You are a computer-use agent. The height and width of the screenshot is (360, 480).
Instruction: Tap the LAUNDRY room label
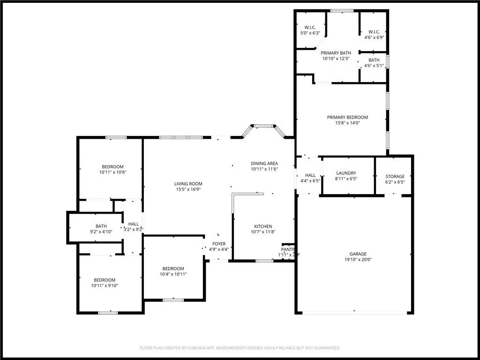click(346, 173)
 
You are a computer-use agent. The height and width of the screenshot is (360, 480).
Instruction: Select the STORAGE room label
click(395, 177)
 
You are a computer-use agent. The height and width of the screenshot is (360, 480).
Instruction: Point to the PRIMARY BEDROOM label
click(347, 117)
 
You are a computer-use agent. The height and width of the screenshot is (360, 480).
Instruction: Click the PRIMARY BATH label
click(336, 53)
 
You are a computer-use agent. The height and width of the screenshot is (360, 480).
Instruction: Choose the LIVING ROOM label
click(189, 184)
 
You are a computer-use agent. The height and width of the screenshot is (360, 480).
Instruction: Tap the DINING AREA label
click(264, 163)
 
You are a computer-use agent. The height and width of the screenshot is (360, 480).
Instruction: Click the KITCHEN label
click(263, 226)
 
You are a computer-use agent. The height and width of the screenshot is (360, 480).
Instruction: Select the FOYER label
click(219, 244)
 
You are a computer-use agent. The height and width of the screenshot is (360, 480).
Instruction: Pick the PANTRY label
click(288, 249)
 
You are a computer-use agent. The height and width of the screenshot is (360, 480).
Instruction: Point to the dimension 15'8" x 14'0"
click(347, 123)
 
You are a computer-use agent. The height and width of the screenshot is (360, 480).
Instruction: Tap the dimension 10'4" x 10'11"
click(173, 274)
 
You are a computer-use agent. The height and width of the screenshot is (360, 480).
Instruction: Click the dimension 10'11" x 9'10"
click(105, 285)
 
